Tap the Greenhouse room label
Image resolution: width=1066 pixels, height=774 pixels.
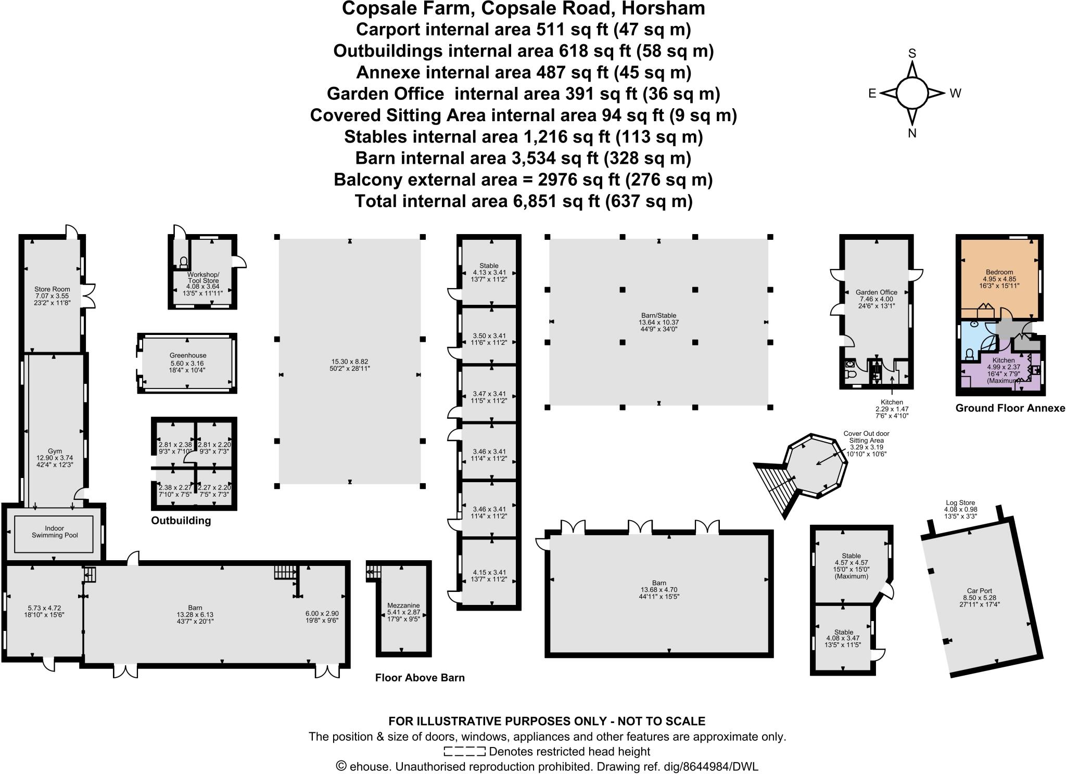(x=188, y=356)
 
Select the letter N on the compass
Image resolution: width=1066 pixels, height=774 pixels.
(x=912, y=134)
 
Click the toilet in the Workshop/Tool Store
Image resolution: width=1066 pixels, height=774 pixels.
(x=183, y=261)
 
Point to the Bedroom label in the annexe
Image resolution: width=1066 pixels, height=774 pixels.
(x=999, y=272)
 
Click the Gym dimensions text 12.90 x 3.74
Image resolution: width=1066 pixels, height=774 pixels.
(x=55, y=458)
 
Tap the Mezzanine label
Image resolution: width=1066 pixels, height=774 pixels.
(x=403, y=605)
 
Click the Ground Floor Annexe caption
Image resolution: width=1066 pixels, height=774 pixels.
(x=1010, y=408)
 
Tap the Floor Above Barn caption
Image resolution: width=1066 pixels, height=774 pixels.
(x=420, y=677)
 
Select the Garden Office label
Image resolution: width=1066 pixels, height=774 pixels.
(x=877, y=292)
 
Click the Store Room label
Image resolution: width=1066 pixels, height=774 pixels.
(x=52, y=289)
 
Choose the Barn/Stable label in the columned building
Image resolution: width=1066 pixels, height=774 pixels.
(x=658, y=315)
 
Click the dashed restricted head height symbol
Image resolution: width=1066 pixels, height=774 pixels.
(x=464, y=751)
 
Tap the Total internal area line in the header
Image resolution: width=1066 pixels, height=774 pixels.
(x=523, y=201)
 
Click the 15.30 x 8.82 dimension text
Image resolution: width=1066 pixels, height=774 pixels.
(x=350, y=361)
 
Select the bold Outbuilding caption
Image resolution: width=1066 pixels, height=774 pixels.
(x=181, y=521)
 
